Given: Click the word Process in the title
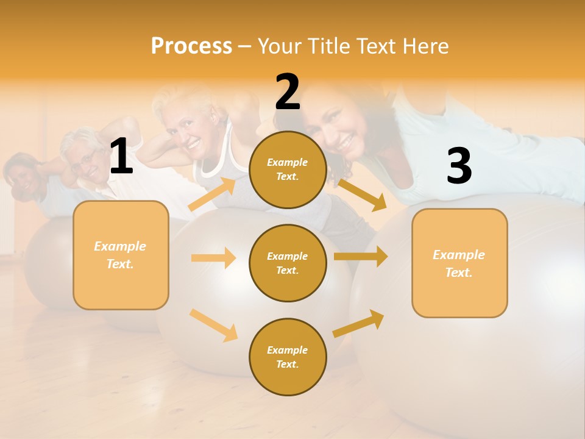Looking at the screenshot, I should pos(191,46).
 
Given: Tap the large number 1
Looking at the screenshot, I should pos(121,157).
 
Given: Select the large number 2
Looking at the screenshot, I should pos(288,92).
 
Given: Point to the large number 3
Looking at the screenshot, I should pos(459,166).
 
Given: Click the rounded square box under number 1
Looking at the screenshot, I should pos(121,255).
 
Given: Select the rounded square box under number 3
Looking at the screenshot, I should pos(459,263).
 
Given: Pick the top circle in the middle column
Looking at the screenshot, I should pos(288,170).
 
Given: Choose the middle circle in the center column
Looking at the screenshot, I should pos(288,263).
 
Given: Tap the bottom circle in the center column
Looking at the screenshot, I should pos(288,357).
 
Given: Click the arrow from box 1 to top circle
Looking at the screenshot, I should pos(211,195).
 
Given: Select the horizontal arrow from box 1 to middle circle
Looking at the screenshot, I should pos(213,258).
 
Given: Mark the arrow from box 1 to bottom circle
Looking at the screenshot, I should pos(213,324).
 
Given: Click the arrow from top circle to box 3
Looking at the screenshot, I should pos(362,195).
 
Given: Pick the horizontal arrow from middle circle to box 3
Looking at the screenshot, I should pos(361,257).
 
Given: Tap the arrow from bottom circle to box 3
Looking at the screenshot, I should pos(359,324).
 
